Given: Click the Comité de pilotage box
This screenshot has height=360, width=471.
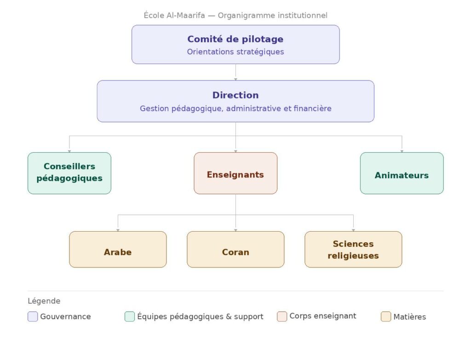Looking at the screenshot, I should coord(235,44).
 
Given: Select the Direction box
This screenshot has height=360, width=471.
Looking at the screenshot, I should coord(235,101).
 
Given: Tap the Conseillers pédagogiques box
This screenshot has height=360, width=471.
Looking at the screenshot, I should coord(69,173).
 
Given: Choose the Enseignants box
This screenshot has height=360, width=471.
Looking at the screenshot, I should coord(235,173).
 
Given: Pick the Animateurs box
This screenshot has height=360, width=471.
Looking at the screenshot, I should coord(402,173).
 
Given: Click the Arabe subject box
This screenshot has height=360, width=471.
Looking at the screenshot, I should coord(118,249).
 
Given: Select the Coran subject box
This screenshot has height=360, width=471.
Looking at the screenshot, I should coord(235,249).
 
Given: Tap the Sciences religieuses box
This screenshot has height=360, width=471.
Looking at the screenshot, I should coord(353,249).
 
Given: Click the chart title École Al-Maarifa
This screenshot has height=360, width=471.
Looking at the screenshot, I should coord(235,15).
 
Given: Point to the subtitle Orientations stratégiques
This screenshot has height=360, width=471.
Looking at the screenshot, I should coord(235,51).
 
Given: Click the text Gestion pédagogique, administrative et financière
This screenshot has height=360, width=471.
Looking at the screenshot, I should coord(235,109).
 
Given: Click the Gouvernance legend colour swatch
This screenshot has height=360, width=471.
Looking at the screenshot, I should coord(33,316).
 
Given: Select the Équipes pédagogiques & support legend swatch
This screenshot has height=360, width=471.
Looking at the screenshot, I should coord(130,316).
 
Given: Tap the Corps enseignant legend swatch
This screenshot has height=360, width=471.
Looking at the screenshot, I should coord(282,316).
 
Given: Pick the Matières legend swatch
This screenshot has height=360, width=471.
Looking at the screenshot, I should coord(386,316).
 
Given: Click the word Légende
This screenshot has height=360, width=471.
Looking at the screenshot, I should coord(44,301).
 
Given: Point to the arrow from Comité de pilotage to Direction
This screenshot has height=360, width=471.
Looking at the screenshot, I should coord(235,72).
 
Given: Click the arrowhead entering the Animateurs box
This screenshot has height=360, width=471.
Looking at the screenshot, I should coord(402,151).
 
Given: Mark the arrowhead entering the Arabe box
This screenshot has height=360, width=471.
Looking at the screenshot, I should coord(118,229).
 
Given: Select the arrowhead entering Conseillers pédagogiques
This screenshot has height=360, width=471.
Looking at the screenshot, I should coord(69,151).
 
